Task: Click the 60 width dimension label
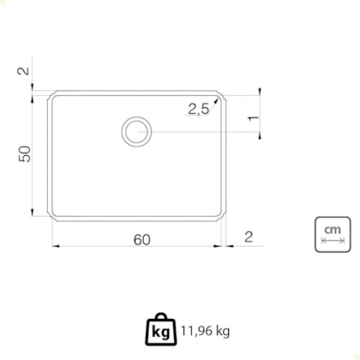point(141,239)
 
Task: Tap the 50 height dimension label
point(25,154)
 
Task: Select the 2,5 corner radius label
point(198,109)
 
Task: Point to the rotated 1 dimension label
point(253,118)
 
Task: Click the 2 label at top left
point(23,70)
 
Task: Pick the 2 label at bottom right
point(249,237)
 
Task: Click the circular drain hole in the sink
point(136,132)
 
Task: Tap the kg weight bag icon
point(160,329)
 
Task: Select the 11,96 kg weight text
point(205,331)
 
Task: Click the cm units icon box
point(333,235)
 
